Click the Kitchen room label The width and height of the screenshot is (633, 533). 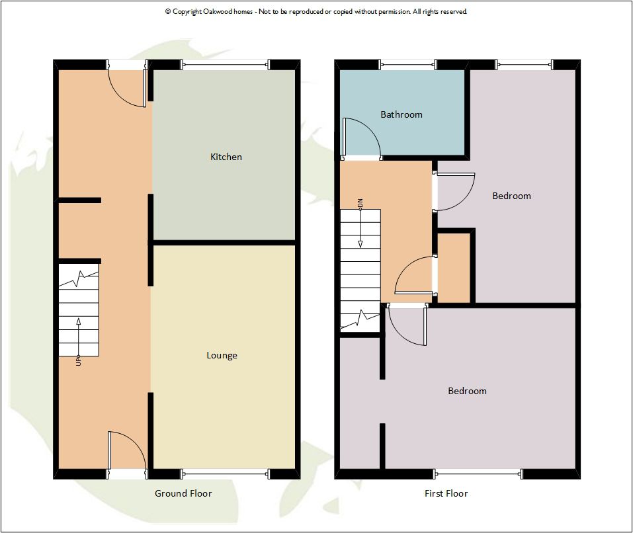(x=226, y=157)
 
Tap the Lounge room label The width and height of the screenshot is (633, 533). (x=222, y=356)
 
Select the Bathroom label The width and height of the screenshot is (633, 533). (x=401, y=114)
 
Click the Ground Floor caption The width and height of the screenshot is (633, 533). (x=183, y=493)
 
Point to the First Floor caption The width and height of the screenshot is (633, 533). (x=446, y=493)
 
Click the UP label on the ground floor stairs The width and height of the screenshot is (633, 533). (x=78, y=361)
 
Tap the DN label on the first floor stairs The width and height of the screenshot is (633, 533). (x=360, y=203)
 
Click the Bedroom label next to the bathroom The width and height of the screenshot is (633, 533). (x=511, y=196)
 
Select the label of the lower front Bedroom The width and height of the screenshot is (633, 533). (x=467, y=391)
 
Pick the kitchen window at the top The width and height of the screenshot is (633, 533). (x=225, y=64)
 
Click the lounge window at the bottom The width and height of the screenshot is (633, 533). (x=225, y=473)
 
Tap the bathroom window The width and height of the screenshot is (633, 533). (x=407, y=64)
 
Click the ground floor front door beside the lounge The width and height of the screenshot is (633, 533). (x=127, y=451)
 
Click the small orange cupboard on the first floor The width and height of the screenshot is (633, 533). (x=454, y=268)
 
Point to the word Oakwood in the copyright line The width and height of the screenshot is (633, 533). (x=217, y=12)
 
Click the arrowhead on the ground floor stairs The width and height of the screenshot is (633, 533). (x=78, y=321)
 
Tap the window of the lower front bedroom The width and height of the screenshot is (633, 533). (x=478, y=473)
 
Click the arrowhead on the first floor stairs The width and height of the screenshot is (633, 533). (x=360, y=244)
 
